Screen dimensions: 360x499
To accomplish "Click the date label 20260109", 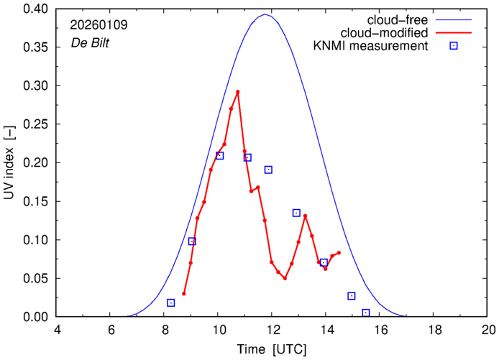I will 99,24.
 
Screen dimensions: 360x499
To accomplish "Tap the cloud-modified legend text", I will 391,33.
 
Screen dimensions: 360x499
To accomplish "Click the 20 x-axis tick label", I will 487,330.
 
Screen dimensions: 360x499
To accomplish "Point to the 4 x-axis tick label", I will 57,330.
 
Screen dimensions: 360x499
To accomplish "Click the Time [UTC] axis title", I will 272,349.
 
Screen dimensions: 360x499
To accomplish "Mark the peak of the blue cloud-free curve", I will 265,14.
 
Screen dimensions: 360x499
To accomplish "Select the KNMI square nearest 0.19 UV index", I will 268,170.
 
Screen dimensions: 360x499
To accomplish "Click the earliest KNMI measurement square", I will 170,303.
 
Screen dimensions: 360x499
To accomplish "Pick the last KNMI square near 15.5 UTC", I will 366,313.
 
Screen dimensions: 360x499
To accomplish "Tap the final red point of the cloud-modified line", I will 339,253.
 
